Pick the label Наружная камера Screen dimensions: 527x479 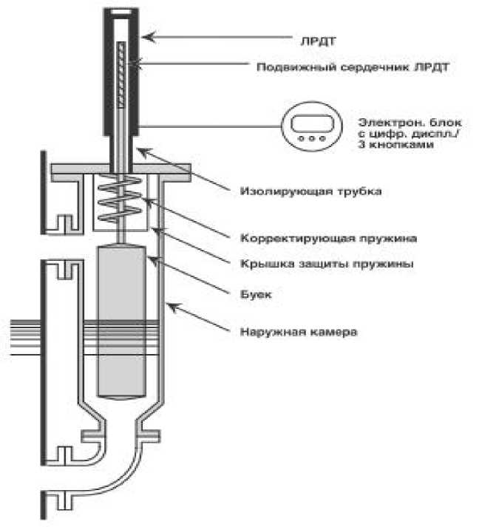pyautogui.click(x=299, y=332)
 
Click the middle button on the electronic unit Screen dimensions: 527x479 pyautogui.click(x=312, y=138)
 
